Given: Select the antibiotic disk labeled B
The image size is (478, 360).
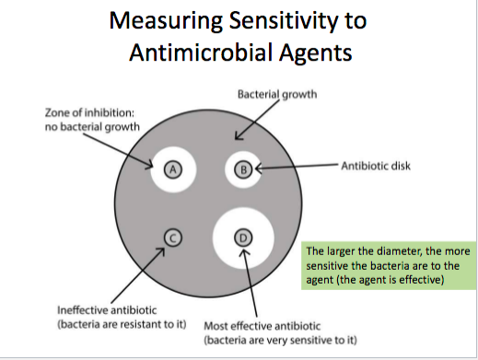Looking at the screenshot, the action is [243, 168].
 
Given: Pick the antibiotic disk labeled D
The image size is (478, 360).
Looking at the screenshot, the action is [243, 237].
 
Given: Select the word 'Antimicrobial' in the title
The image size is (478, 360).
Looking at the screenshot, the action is [203, 52].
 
